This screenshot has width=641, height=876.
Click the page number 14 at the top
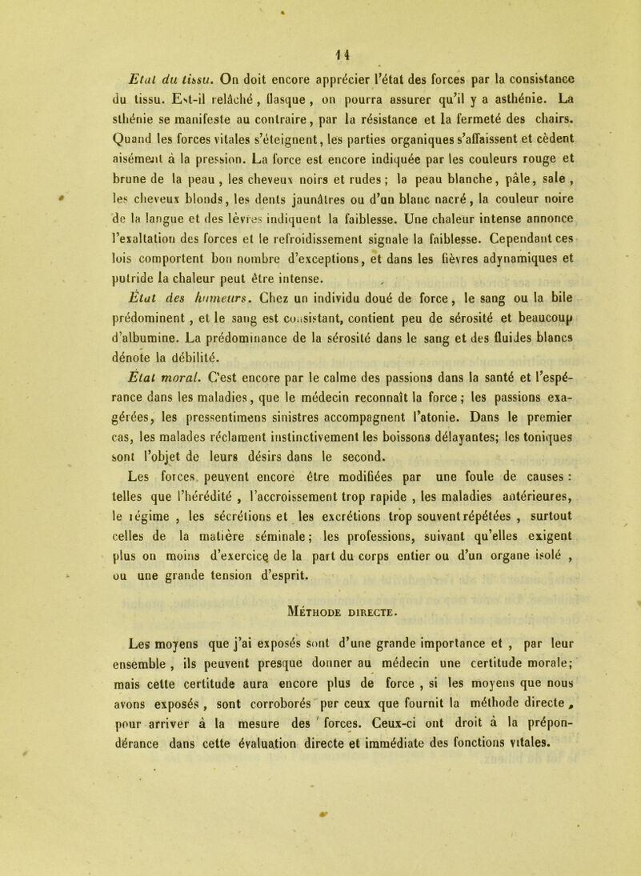point(322,34)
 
